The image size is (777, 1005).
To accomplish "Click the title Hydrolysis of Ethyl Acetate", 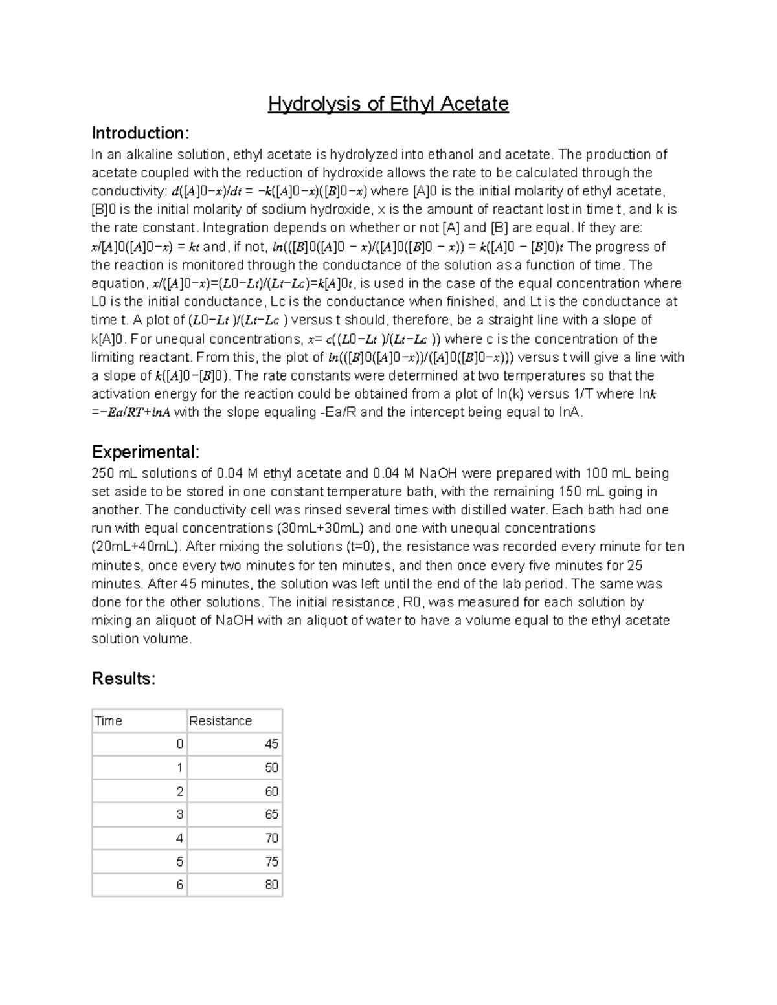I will (x=388, y=104).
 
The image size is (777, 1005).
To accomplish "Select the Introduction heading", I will (x=141, y=133).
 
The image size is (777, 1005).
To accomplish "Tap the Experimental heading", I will (x=146, y=452).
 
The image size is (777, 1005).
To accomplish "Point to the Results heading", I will (x=124, y=678).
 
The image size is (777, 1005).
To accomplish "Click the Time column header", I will (x=109, y=721).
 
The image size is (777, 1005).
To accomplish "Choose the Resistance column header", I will (x=220, y=721).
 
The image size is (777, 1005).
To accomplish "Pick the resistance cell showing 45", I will (x=271, y=744).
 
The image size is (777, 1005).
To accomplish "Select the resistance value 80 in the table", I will (x=271, y=885).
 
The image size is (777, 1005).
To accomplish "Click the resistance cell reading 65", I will (x=271, y=814).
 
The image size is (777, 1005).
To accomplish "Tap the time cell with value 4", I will (x=180, y=838).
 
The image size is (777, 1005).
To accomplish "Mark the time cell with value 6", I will (x=180, y=885).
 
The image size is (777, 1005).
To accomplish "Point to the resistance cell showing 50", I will (x=271, y=768).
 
